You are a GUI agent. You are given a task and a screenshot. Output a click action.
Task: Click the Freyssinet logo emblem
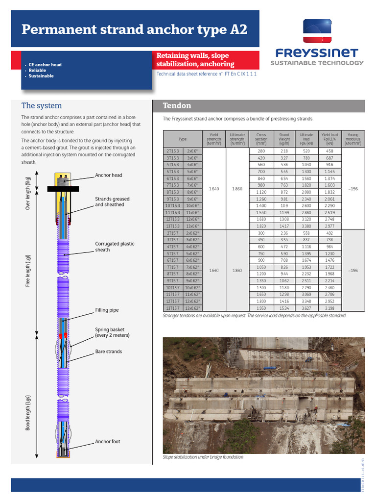tap(317, 32)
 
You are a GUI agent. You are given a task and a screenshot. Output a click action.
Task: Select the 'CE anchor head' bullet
tap(45, 65)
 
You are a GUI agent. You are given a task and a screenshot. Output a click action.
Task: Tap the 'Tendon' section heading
tap(177, 106)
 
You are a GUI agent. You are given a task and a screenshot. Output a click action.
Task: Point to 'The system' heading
tap(42, 105)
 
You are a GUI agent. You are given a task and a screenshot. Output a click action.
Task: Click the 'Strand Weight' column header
tap(284, 139)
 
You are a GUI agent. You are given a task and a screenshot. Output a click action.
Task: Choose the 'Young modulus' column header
tap(352, 139)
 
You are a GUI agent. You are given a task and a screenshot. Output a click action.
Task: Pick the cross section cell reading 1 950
tap(261, 308)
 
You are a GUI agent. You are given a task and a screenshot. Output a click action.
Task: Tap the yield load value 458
tap(329, 151)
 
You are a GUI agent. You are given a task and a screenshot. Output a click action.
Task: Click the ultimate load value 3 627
tap(306, 308)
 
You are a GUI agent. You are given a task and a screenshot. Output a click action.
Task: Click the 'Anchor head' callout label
tap(108, 175)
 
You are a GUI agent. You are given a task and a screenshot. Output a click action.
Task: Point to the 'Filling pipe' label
tap(107, 310)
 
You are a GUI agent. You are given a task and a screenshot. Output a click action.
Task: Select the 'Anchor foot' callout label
tap(107, 442)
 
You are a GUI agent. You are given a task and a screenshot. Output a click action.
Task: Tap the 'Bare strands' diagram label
tap(108, 351)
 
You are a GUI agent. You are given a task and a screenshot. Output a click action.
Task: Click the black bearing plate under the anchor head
tap(63, 189)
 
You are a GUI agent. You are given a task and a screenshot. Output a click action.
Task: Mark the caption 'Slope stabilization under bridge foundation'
tap(203, 457)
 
